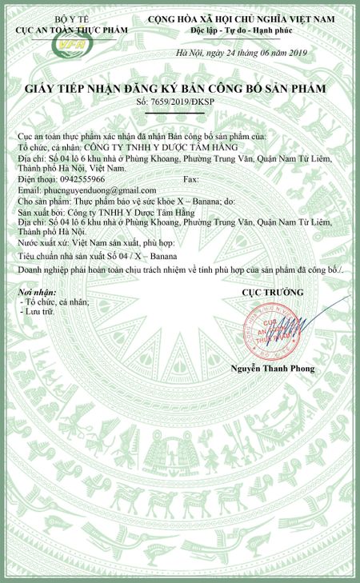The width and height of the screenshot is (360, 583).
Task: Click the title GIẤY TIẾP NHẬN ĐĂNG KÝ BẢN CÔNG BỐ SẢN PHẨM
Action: [180, 89]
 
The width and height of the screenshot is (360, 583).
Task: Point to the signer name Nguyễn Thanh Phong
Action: [273, 368]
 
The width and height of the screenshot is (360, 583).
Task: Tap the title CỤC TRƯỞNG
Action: [272, 293]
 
